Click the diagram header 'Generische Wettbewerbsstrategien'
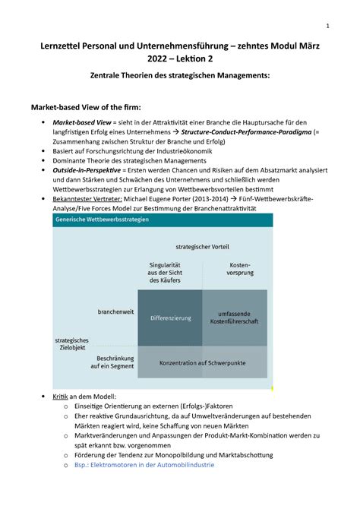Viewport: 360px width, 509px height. tap(101, 220)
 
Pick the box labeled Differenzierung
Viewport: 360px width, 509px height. tap(170, 318)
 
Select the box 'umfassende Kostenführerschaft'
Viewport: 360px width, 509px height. tap(235, 318)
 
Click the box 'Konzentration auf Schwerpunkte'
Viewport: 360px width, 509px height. tap(202, 363)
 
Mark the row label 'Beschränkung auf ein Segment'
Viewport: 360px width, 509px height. tap(112, 362)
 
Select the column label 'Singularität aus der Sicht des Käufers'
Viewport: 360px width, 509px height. tap(170, 272)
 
